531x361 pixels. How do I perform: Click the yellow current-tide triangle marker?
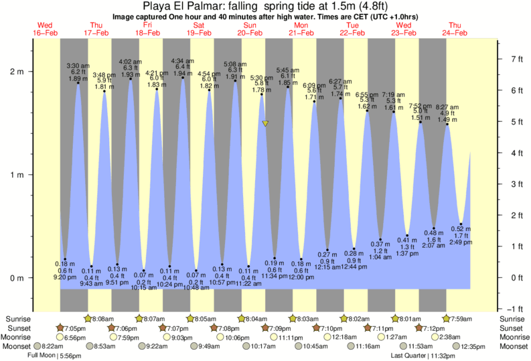(x=266, y=124)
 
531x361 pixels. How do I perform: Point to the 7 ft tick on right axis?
(x=516, y=59)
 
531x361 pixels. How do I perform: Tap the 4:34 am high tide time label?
(x=183, y=60)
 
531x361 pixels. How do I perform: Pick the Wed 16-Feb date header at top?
(x=46, y=29)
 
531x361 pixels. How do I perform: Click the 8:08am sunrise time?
(x=102, y=319)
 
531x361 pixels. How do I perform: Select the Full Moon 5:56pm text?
(x=55, y=355)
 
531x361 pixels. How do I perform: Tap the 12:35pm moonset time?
(x=471, y=346)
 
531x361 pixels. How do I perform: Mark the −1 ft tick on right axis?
(x=514, y=308)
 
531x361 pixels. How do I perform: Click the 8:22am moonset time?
(x=46, y=346)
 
